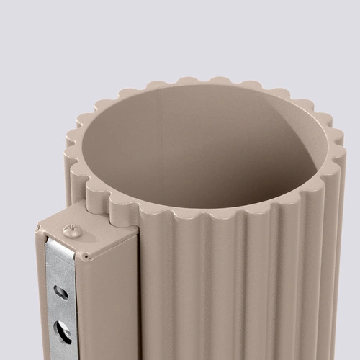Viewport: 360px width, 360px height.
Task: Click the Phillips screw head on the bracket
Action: click(71, 231)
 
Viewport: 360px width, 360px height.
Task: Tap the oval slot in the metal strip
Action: click(61, 292)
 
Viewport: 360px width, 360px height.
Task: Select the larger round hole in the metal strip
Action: click(63, 331)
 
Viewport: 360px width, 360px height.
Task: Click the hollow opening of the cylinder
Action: click(194, 151)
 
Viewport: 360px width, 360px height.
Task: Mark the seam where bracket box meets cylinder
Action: click(139, 288)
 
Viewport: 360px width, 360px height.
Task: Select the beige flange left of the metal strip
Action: click(41, 302)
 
